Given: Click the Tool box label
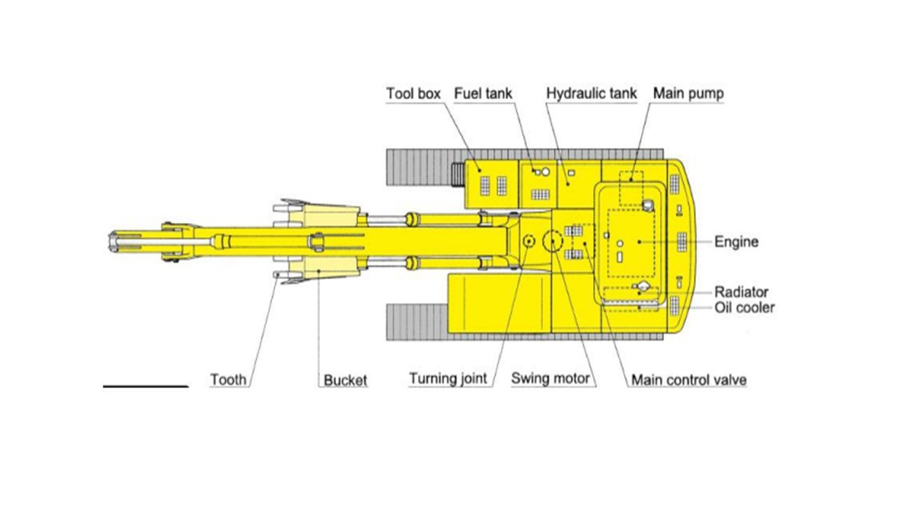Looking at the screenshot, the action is [x=413, y=93].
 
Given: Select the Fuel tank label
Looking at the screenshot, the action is [x=483, y=93].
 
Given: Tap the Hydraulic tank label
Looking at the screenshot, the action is [x=591, y=93].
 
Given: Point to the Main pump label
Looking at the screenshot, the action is [x=688, y=93].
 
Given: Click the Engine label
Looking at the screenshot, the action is [x=737, y=242].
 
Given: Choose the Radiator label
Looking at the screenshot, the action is [x=742, y=292].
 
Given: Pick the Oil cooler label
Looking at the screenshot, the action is [x=744, y=308].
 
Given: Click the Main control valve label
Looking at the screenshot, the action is [x=689, y=380].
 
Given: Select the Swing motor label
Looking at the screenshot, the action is [x=551, y=378].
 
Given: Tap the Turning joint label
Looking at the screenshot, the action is [x=448, y=378].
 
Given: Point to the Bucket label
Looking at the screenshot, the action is [x=345, y=380].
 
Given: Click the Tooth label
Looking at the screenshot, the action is [x=229, y=379].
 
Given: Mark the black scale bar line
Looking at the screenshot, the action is [x=145, y=386].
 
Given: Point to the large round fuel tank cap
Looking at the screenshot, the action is [x=545, y=172].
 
